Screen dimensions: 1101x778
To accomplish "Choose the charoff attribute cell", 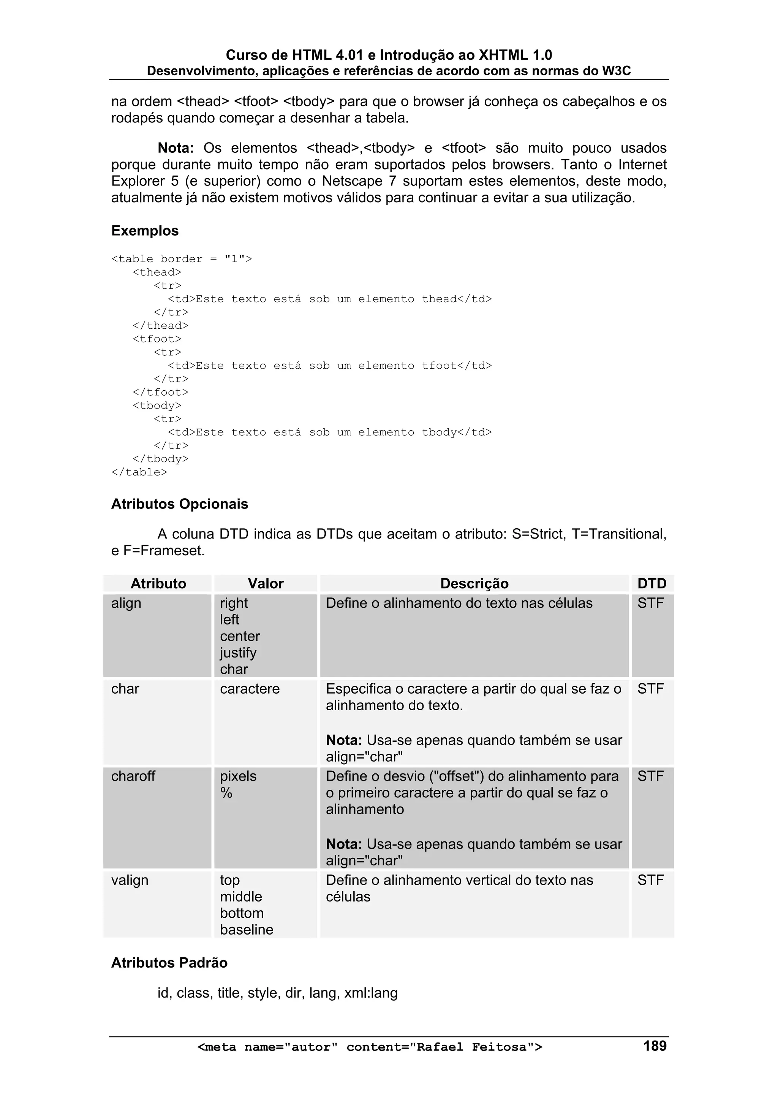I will point(133,776).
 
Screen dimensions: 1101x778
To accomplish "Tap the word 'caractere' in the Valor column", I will point(250,689).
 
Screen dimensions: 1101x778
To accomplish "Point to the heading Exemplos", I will point(145,231).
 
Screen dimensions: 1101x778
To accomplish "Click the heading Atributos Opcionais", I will point(179,504).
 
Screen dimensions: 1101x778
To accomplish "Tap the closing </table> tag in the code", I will point(139,472).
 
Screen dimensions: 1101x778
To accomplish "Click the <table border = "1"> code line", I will point(181,259).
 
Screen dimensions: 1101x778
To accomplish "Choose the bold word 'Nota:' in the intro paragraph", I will point(176,148).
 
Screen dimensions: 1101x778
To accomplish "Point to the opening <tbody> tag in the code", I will point(157,406).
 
